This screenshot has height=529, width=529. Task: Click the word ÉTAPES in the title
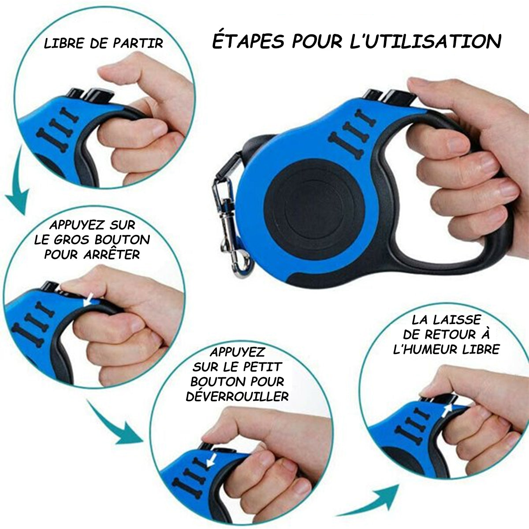click(x=249, y=42)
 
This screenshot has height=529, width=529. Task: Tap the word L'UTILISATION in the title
click(x=425, y=42)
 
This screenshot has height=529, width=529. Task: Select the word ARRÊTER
click(x=112, y=254)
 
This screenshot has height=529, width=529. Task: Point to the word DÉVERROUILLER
click(x=237, y=396)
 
